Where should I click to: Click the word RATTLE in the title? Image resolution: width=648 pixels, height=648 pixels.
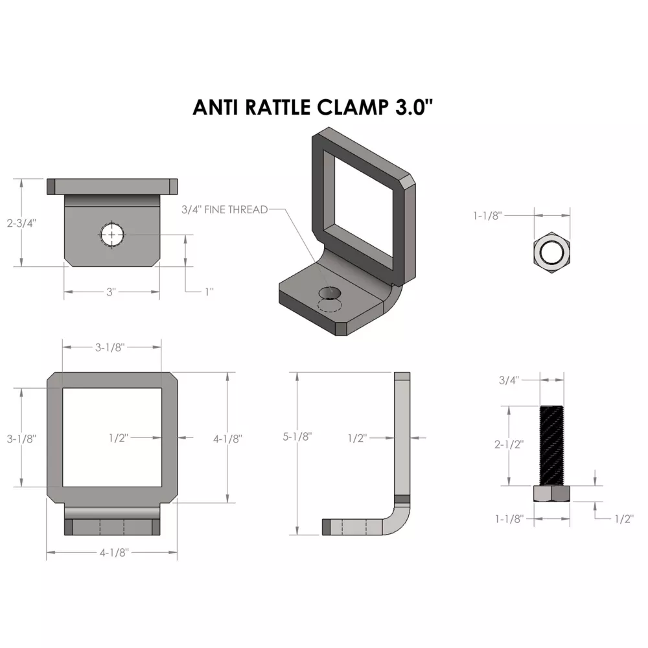coord(278,108)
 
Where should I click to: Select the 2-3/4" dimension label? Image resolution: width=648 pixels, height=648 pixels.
coord(21,223)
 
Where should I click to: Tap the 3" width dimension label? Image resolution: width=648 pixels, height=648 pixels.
coord(111,292)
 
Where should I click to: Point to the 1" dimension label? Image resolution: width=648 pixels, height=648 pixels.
coord(209,292)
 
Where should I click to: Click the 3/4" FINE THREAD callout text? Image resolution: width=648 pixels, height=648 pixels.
coord(225,209)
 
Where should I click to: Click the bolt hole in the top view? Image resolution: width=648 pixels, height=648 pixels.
coord(111,235)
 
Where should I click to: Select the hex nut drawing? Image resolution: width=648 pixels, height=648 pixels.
coord(551,253)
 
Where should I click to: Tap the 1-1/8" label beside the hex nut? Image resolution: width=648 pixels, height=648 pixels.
coord(488,215)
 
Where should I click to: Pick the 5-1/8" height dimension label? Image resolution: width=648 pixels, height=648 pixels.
coord(297,436)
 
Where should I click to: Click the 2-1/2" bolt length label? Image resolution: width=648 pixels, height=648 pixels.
coord(509,445)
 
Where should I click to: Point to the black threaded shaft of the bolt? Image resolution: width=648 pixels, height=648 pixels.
coord(551,446)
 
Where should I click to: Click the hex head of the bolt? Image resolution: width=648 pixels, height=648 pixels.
coord(551,494)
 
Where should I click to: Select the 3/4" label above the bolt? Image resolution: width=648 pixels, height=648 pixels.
coord(509,380)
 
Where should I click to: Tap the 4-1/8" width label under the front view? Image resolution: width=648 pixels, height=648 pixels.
coord(115,553)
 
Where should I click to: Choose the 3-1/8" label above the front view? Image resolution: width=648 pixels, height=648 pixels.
coord(110,347)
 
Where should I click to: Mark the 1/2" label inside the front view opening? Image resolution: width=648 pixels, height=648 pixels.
coord(119,438)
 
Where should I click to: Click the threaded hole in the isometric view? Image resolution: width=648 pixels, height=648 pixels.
coord(330,293)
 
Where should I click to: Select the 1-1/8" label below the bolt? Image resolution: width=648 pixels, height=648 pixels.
coord(509,519)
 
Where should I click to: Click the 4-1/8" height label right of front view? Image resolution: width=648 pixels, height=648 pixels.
coord(227,439)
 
